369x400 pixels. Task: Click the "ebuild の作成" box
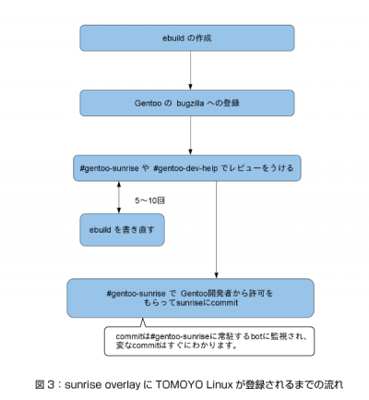(x=187, y=38)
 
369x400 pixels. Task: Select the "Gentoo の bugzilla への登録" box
(x=187, y=103)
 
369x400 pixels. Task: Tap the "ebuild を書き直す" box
(x=122, y=230)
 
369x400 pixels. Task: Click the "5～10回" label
(x=149, y=200)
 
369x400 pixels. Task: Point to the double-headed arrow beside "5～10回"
(x=119, y=198)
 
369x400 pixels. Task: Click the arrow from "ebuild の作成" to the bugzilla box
(x=190, y=70)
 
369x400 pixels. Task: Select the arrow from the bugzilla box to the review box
(x=190, y=136)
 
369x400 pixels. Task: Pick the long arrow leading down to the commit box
(x=216, y=230)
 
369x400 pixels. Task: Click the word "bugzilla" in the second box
(x=190, y=103)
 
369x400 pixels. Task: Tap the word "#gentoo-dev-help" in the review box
(x=185, y=168)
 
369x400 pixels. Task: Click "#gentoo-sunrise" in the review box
(x=109, y=168)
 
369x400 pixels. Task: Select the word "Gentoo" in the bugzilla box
(x=148, y=103)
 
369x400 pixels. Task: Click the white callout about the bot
(x=209, y=341)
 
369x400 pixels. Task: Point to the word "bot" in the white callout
(x=256, y=336)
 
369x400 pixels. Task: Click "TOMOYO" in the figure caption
(x=179, y=384)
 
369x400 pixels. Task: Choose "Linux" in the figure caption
(x=220, y=384)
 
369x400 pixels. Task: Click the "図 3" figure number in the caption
(x=44, y=384)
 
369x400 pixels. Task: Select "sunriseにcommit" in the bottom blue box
(x=207, y=303)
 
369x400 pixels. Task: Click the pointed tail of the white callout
(x=142, y=319)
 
